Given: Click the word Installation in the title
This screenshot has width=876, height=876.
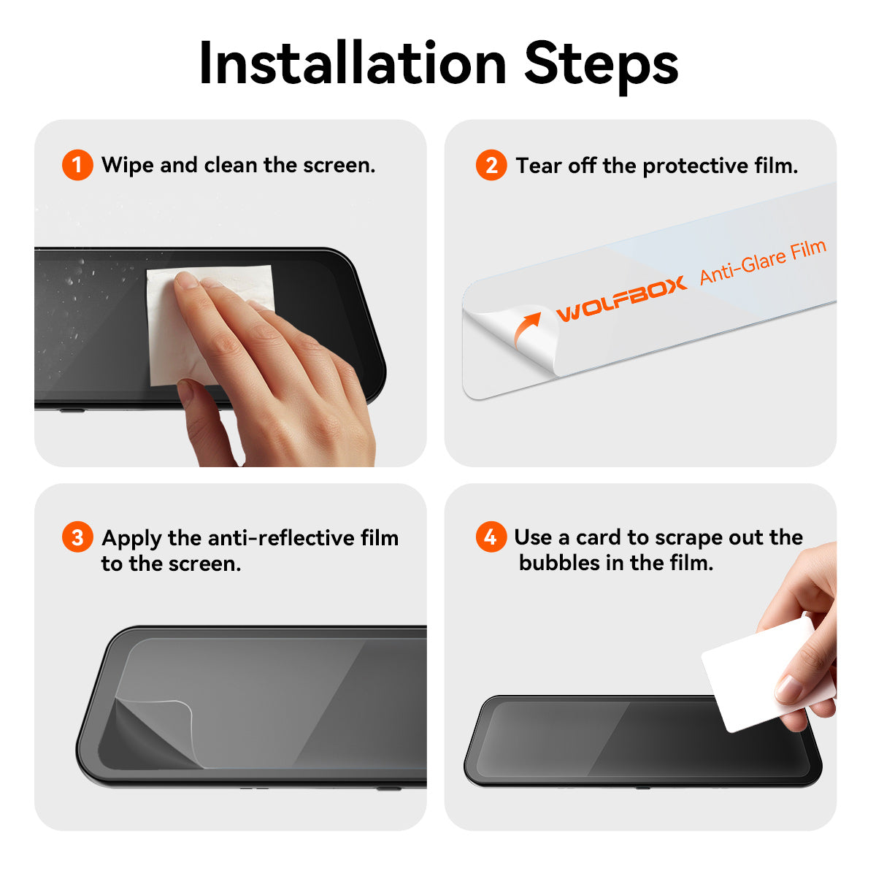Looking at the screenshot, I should tap(353, 64).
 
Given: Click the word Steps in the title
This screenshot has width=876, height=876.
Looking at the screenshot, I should tap(601, 64).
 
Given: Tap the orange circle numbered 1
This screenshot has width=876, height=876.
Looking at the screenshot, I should tap(77, 165).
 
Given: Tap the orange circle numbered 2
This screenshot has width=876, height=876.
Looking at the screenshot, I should tap(491, 166).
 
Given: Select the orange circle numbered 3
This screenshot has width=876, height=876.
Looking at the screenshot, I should tap(77, 538).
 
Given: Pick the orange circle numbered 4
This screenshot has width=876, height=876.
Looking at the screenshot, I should tap(491, 537).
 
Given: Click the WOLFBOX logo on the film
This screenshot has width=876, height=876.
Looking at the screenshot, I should tap(621, 298).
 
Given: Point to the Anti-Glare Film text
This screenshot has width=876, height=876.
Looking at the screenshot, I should tap(762, 261).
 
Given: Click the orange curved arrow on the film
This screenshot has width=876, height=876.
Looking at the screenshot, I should tap(526, 328).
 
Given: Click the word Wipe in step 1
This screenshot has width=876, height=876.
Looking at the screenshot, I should tap(128, 165).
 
